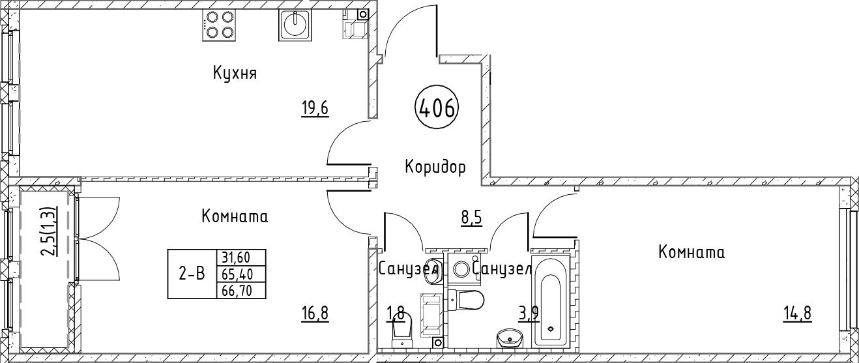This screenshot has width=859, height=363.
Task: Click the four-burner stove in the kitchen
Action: point(220,25)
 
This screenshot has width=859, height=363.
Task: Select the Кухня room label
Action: point(235,73)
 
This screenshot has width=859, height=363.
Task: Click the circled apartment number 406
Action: point(437,108)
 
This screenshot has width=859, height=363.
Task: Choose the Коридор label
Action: point(435,167)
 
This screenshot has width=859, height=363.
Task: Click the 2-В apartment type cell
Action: point(192,274)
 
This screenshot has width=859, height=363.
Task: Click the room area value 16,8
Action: point(315,313)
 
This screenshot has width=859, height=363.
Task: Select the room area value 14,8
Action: point(798,313)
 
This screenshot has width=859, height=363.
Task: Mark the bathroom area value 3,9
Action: point(528,313)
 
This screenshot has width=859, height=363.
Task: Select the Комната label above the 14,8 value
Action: point(692,252)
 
